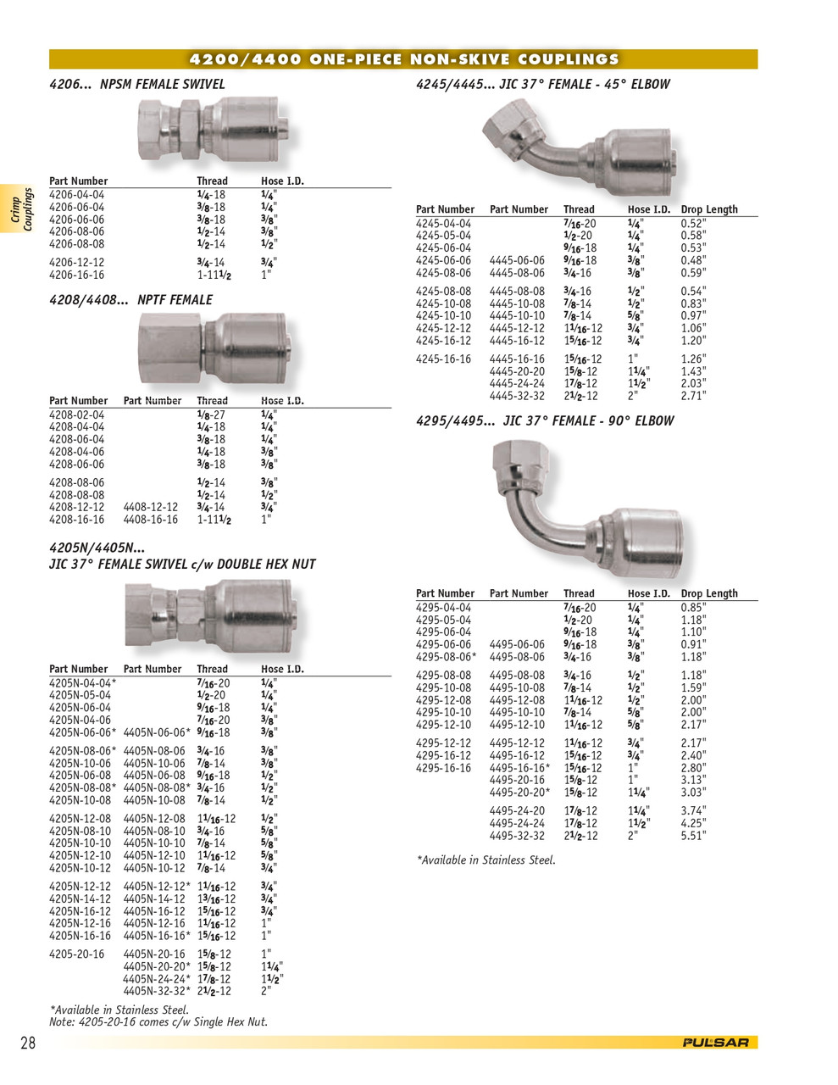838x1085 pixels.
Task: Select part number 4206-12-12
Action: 77,263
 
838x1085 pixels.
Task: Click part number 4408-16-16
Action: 151,520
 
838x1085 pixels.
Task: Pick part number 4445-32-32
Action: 517,396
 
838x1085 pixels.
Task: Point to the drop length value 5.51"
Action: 693,836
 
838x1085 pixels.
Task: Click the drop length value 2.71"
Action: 693,396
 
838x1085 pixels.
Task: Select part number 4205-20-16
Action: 77,954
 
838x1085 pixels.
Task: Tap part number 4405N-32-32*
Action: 157,991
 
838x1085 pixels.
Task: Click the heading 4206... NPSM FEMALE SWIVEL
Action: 137,84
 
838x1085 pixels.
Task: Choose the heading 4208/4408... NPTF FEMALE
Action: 130,300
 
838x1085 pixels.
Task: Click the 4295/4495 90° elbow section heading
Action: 545,420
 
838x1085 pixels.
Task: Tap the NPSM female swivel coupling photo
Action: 219,129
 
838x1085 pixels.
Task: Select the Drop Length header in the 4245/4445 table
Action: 709,209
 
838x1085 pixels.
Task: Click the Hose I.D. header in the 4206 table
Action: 282,181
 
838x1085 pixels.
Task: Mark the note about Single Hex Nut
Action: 158,1022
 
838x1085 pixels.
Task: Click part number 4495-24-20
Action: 517,811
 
